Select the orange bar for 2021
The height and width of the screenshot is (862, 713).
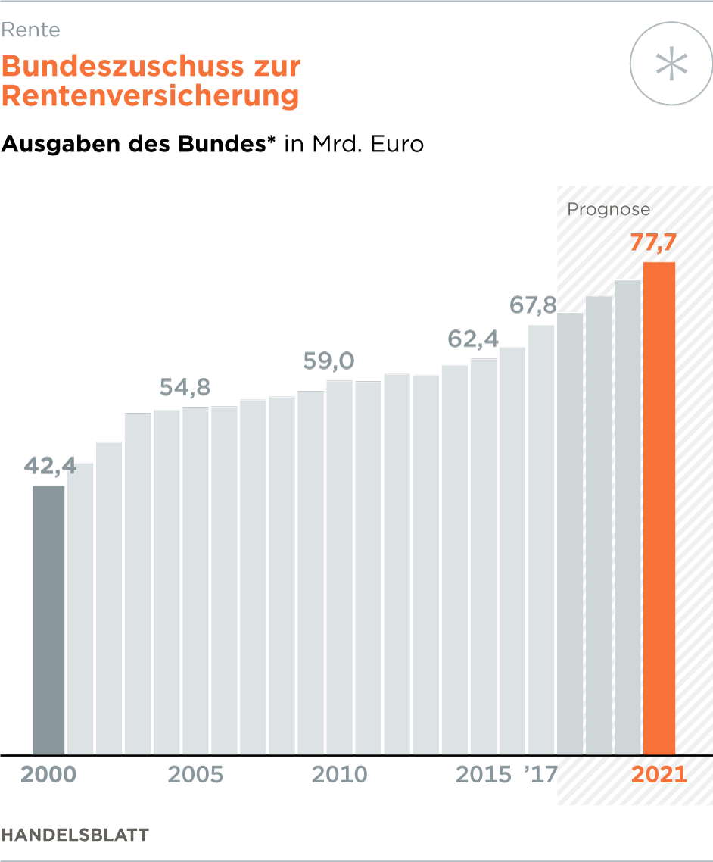659,508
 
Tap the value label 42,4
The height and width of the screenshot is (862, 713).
50,467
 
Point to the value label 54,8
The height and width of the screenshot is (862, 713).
185,387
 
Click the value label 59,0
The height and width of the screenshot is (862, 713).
328,361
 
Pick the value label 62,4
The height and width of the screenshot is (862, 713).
472,339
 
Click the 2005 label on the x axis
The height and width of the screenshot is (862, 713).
195,775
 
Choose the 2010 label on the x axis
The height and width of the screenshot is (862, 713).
340,775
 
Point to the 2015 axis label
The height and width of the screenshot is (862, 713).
484,775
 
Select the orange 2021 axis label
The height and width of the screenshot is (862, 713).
659,775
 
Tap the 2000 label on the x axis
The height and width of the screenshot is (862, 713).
48,775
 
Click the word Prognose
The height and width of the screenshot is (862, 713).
609,210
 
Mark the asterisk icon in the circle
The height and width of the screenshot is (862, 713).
672,64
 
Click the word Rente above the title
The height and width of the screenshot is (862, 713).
30,30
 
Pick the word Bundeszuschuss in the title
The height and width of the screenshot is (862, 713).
121,67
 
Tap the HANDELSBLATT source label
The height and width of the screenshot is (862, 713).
75,835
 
